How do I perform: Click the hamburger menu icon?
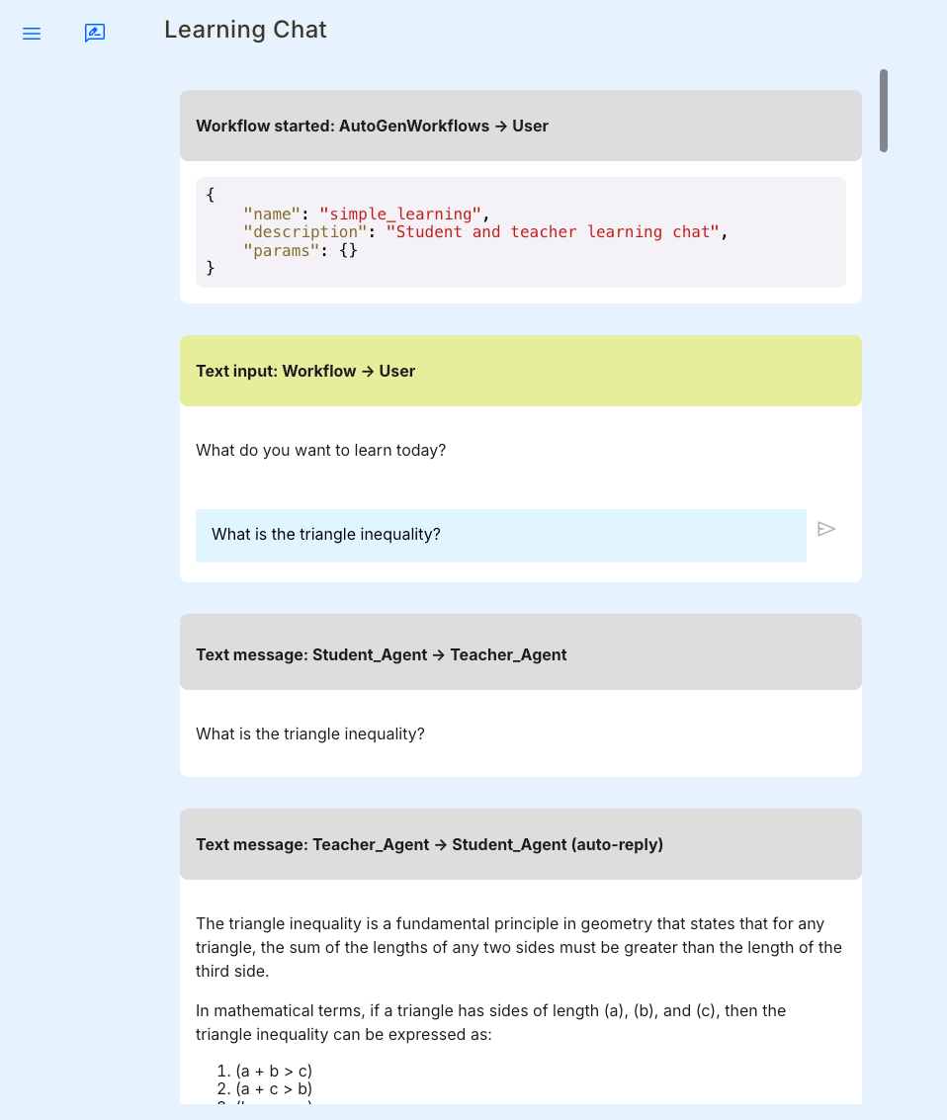(32, 34)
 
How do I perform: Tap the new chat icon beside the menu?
(95, 34)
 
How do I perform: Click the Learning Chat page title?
(245, 30)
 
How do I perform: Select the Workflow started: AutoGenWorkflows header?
(372, 126)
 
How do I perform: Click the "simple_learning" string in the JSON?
(400, 214)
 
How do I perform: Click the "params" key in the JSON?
(281, 250)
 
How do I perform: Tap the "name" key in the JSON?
(272, 214)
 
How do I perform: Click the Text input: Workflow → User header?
(305, 371)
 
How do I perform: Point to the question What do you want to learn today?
(320, 450)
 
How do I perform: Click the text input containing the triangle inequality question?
(500, 535)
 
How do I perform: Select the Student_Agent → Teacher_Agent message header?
(382, 654)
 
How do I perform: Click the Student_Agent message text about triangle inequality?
(310, 733)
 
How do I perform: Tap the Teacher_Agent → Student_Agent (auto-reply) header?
(429, 844)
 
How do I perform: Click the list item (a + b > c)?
(274, 1071)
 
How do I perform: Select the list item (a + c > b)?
(274, 1088)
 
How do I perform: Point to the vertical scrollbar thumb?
(883, 110)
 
